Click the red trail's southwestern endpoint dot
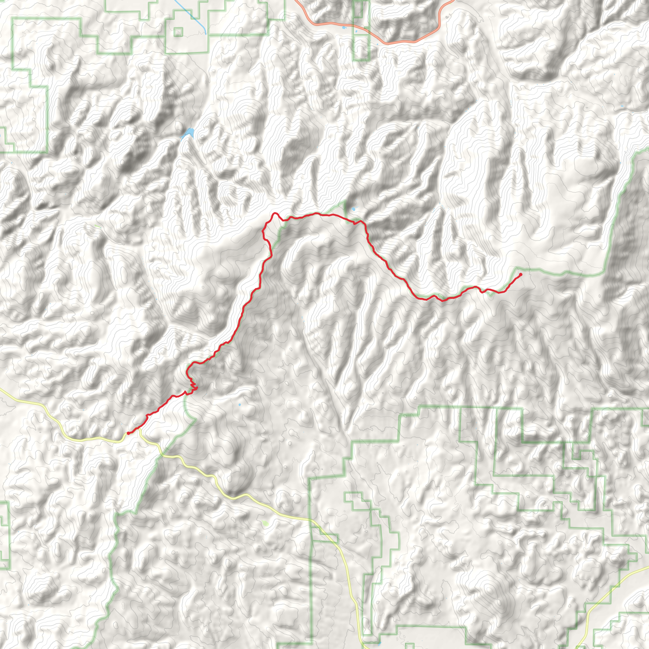129,433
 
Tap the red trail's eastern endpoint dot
520,274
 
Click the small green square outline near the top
178,32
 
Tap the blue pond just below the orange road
343,28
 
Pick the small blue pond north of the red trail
353,210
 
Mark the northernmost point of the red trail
275,213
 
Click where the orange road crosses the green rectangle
362,32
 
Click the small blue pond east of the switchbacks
239,405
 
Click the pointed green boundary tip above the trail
344,201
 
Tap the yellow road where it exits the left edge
2,390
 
